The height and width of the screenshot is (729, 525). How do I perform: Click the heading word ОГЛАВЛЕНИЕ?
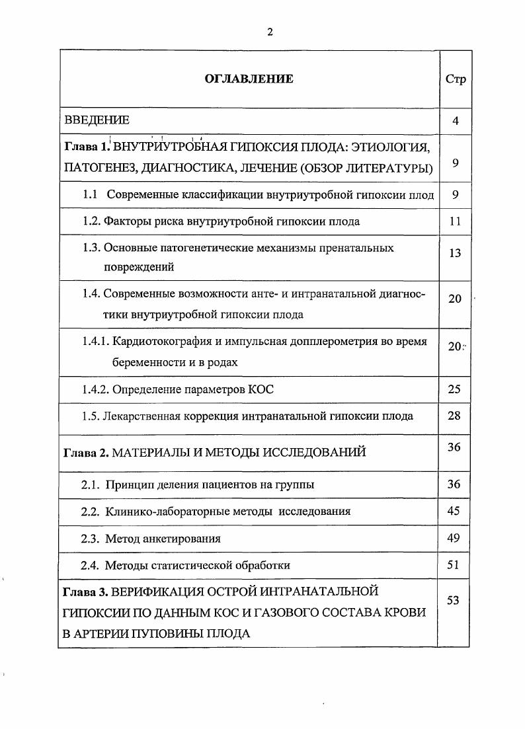pos(249,79)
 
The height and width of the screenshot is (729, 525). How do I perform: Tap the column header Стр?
pos(456,79)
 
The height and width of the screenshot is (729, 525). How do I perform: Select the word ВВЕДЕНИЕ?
pos(97,121)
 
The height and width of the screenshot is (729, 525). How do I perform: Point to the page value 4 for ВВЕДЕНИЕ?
pos(456,121)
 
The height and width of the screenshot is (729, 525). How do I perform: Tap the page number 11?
pos(455,221)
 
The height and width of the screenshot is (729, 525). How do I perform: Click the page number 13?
pos(455,253)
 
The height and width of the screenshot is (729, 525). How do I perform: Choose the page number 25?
pos(454,389)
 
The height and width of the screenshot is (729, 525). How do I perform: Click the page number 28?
pos(454,416)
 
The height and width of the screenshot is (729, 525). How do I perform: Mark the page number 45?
pos(454,511)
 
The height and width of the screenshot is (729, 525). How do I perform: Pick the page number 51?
pos(454,564)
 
